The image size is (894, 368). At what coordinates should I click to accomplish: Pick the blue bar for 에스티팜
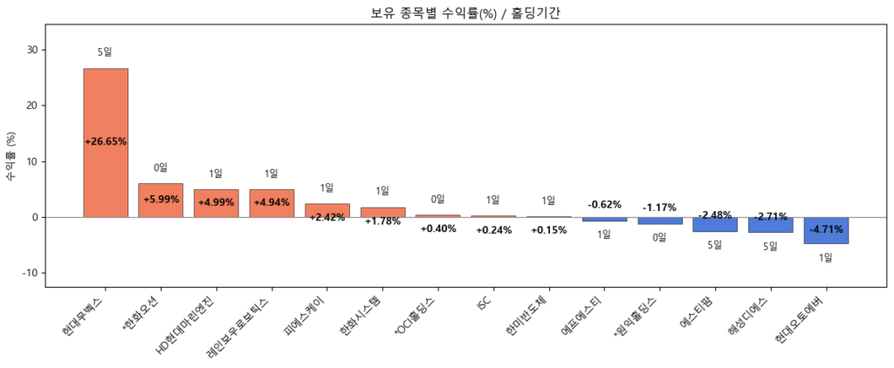click(x=715, y=225)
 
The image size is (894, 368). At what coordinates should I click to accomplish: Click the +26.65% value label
click(x=106, y=141)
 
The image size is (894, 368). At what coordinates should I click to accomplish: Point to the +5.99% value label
click(x=161, y=200)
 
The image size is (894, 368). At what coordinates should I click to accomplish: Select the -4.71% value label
click(x=826, y=230)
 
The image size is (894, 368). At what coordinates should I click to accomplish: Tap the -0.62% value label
click(x=604, y=205)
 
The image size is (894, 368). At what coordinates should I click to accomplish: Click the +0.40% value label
click(x=437, y=228)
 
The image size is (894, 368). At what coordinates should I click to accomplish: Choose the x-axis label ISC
click(x=485, y=303)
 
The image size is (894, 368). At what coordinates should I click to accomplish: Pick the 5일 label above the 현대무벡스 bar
click(x=106, y=52)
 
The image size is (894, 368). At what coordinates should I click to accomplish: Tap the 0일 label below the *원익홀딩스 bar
click(x=660, y=237)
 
